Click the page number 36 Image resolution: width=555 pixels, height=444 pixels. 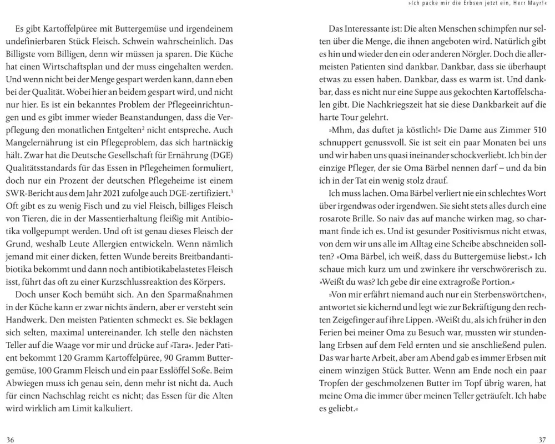[x=10, y=440]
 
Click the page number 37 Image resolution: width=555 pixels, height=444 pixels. [x=542, y=440]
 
